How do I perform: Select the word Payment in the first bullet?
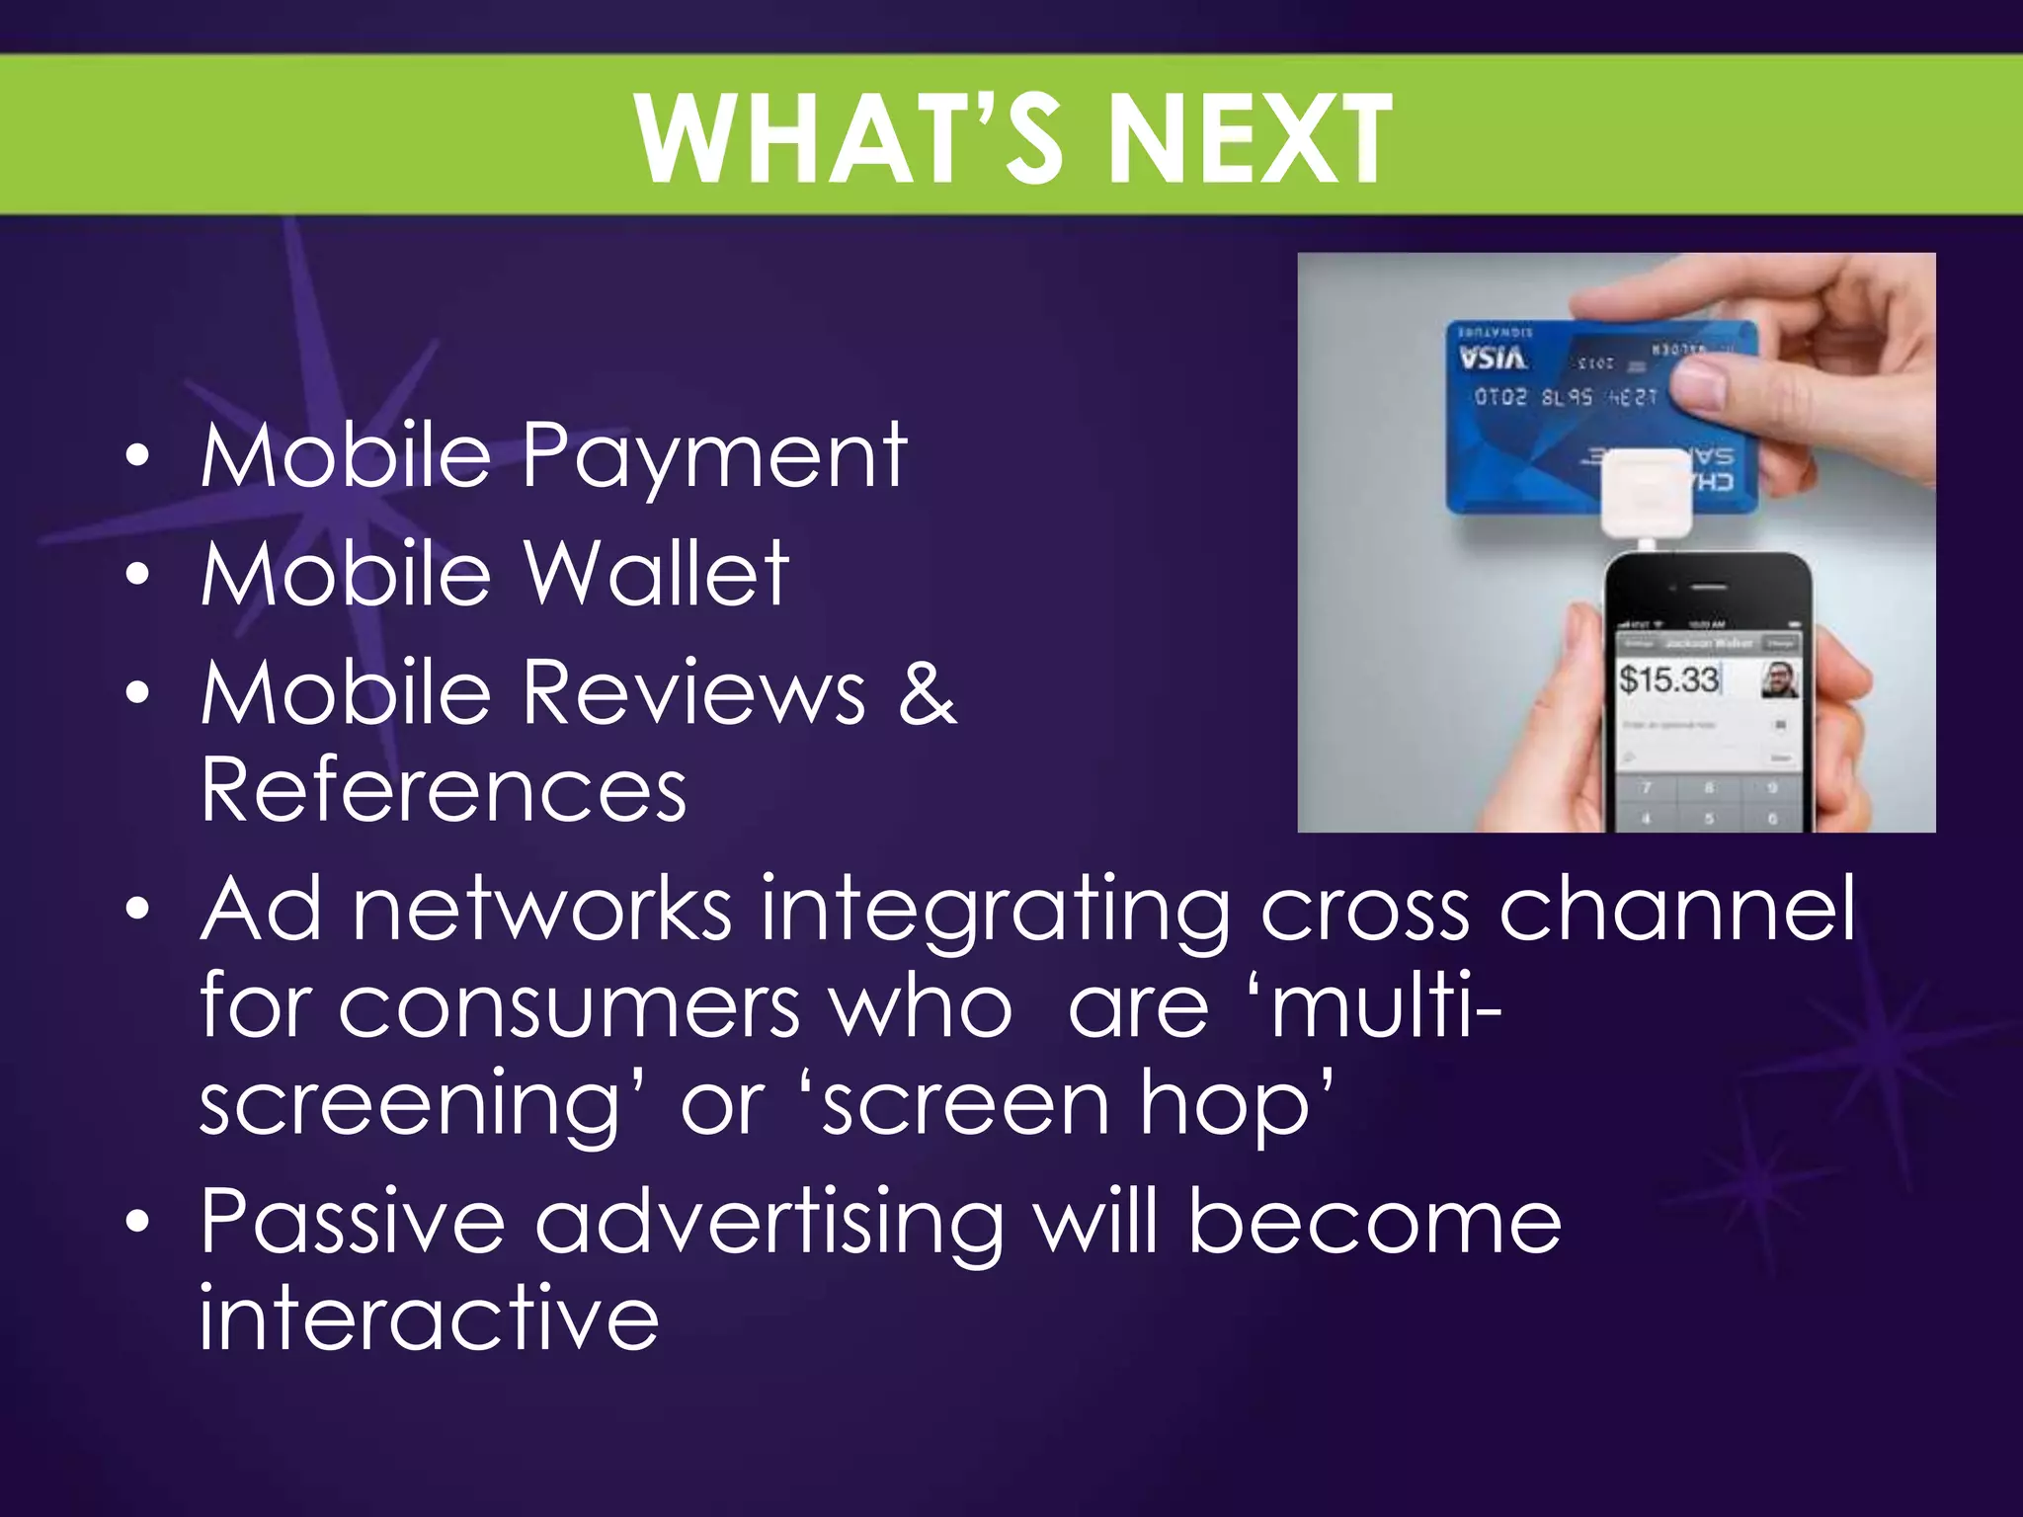coord(713,456)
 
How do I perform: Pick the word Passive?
coord(353,1223)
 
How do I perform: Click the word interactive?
coord(429,1318)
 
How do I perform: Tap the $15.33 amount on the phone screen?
coord(1669,679)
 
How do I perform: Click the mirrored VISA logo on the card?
coord(1493,358)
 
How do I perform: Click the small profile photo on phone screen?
coord(1780,679)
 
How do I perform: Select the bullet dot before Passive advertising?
coord(138,1223)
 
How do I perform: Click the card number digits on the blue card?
coord(1565,397)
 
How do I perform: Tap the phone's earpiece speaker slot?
coord(1707,587)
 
